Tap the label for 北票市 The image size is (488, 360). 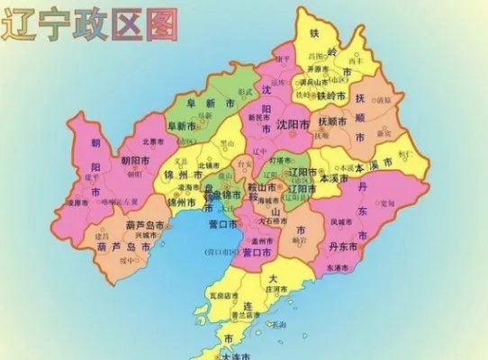pyautogui.click(x=154, y=142)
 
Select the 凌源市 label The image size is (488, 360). pyautogui.click(x=77, y=202)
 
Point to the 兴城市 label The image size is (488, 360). pyautogui.click(x=147, y=236)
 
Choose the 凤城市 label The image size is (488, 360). pyautogui.click(x=343, y=221)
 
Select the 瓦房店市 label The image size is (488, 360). pyautogui.click(x=223, y=295)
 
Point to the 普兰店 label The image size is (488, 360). pyautogui.click(x=245, y=316)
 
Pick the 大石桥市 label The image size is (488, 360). pyautogui.click(x=272, y=220)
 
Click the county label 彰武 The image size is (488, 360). pyautogui.click(x=245, y=93)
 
